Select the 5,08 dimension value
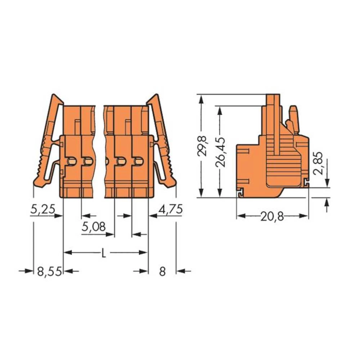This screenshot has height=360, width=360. [94, 227]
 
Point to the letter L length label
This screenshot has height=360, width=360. [104, 253]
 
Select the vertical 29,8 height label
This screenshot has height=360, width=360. [203, 145]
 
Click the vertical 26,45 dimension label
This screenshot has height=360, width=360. [222, 152]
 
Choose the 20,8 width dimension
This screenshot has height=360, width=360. [272, 216]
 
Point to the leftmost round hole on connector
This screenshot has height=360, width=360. [72, 162]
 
